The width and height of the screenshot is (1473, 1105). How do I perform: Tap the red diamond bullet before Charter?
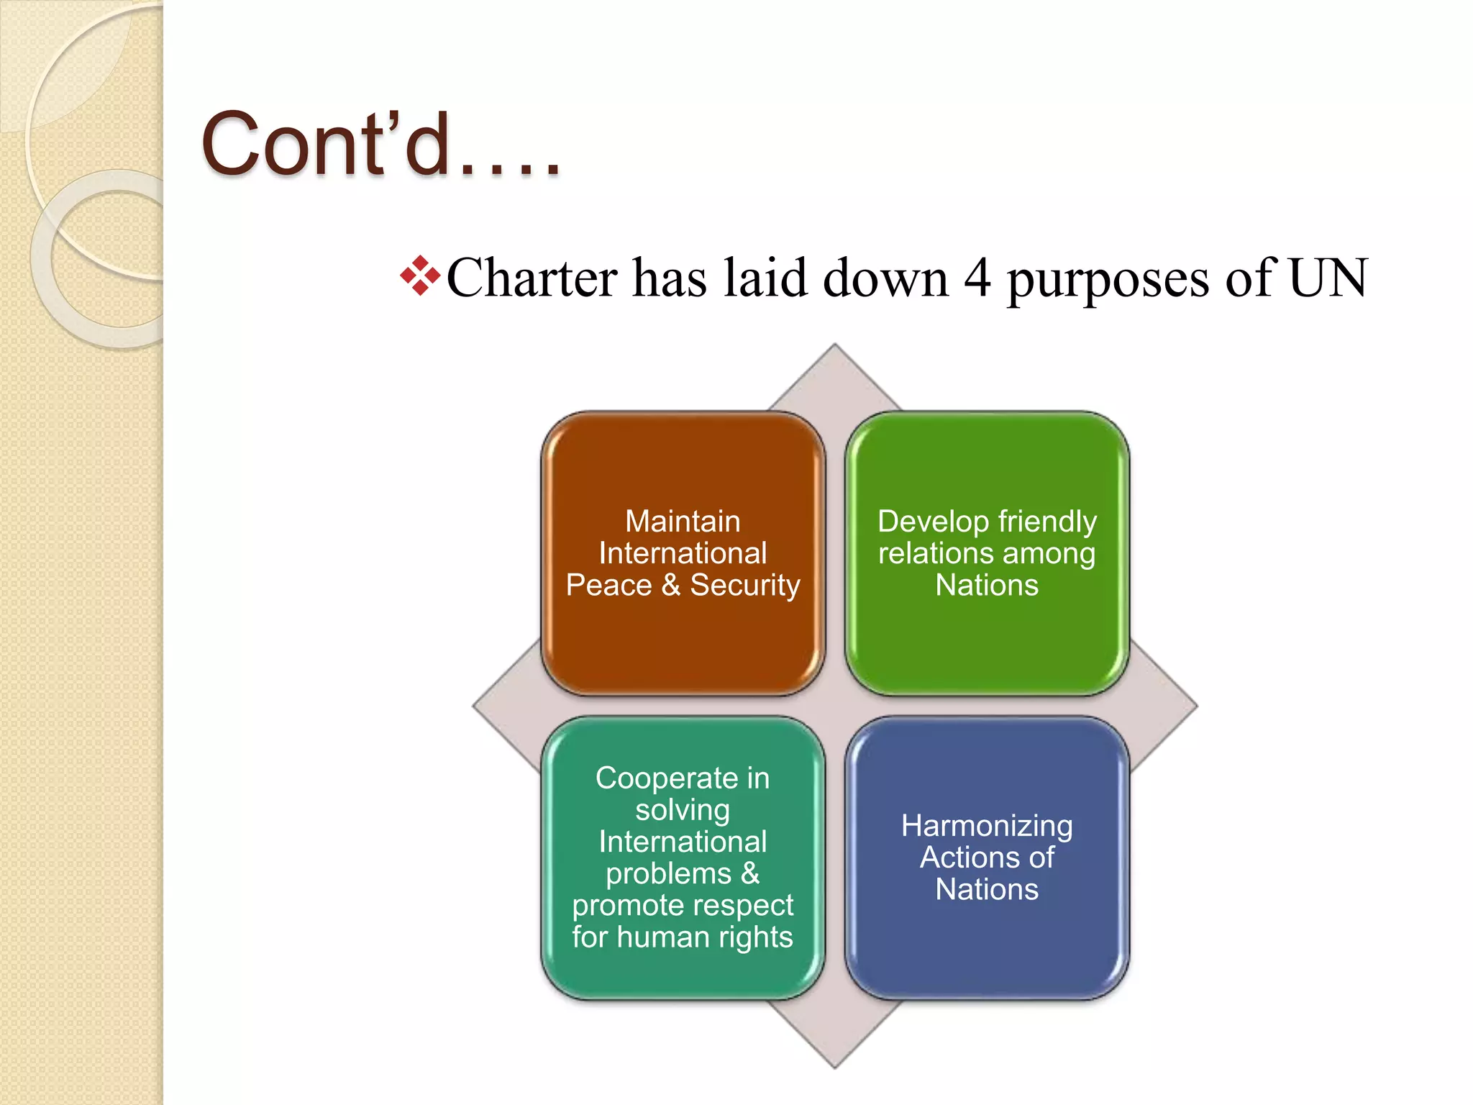pyautogui.click(x=420, y=276)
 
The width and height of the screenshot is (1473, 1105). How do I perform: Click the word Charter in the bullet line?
pyautogui.click(x=532, y=278)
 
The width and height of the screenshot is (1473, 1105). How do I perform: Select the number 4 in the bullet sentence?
pyautogui.click(x=977, y=278)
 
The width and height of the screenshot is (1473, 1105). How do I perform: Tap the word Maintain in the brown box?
pyautogui.click(x=683, y=521)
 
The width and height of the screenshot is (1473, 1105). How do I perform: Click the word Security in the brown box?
pyautogui.click(x=745, y=586)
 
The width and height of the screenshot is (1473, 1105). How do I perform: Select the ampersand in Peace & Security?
pyautogui.click(x=670, y=585)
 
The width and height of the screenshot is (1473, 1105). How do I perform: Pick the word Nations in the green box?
pyautogui.click(x=987, y=585)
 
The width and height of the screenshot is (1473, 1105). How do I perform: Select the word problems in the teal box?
pyautogui.click(x=668, y=873)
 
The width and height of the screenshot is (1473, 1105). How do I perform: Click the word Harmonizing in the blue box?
pyautogui.click(x=987, y=825)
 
